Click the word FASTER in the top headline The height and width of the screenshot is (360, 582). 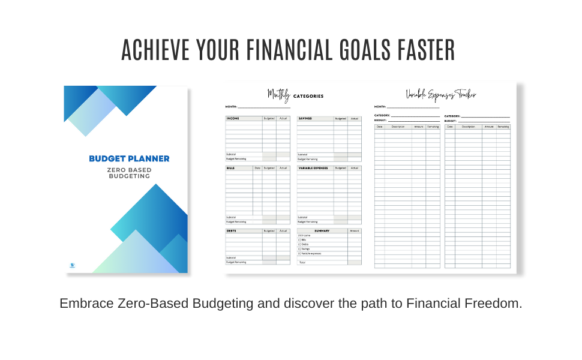click(x=422, y=50)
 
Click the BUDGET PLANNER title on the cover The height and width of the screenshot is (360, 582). click(x=129, y=159)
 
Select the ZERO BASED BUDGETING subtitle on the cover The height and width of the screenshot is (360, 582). click(x=129, y=173)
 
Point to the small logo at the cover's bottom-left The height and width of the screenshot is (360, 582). click(x=72, y=265)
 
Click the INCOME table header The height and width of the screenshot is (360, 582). click(x=233, y=118)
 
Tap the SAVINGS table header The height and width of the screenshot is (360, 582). click(x=305, y=118)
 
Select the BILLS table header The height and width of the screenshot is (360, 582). click(x=231, y=168)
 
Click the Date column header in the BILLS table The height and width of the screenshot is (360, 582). click(x=257, y=168)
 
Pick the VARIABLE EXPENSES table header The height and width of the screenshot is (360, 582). click(x=313, y=168)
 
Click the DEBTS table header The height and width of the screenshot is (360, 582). click(x=232, y=230)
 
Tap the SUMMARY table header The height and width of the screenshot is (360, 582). click(x=322, y=230)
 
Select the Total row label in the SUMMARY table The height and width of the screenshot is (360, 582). click(x=302, y=262)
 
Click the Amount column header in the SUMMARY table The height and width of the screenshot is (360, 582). click(x=355, y=230)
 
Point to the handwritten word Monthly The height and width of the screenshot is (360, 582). click(x=278, y=94)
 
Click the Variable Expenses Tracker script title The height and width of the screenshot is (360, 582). click(x=441, y=94)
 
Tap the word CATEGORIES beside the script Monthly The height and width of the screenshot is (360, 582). click(x=308, y=96)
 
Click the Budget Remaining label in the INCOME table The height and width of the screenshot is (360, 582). click(x=236, y=159)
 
